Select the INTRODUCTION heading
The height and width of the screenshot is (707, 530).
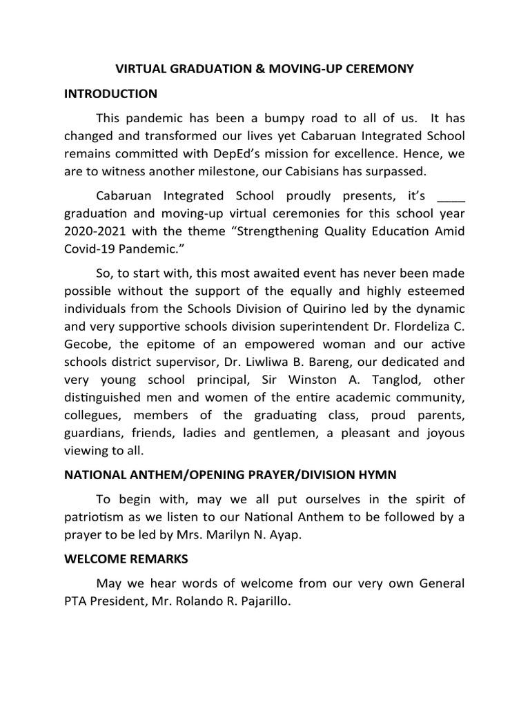111,94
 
